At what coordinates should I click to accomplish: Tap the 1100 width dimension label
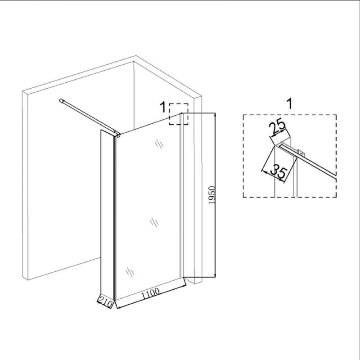click(x=150, y=293)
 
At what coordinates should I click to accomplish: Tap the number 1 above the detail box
click(x=290, y=104)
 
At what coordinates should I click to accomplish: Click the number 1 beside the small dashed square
click(x=163, y=107)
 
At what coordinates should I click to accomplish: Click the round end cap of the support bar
click(x=61, y=100)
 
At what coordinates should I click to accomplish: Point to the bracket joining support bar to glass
click(x=117, y=134)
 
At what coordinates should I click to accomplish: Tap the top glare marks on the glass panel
click(x=159, y=144)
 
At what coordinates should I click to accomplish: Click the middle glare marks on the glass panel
click(x=154, y=222)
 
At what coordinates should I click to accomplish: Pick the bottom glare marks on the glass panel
click(x=130, y=272)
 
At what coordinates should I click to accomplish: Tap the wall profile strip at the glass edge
click(x=181, y=195)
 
